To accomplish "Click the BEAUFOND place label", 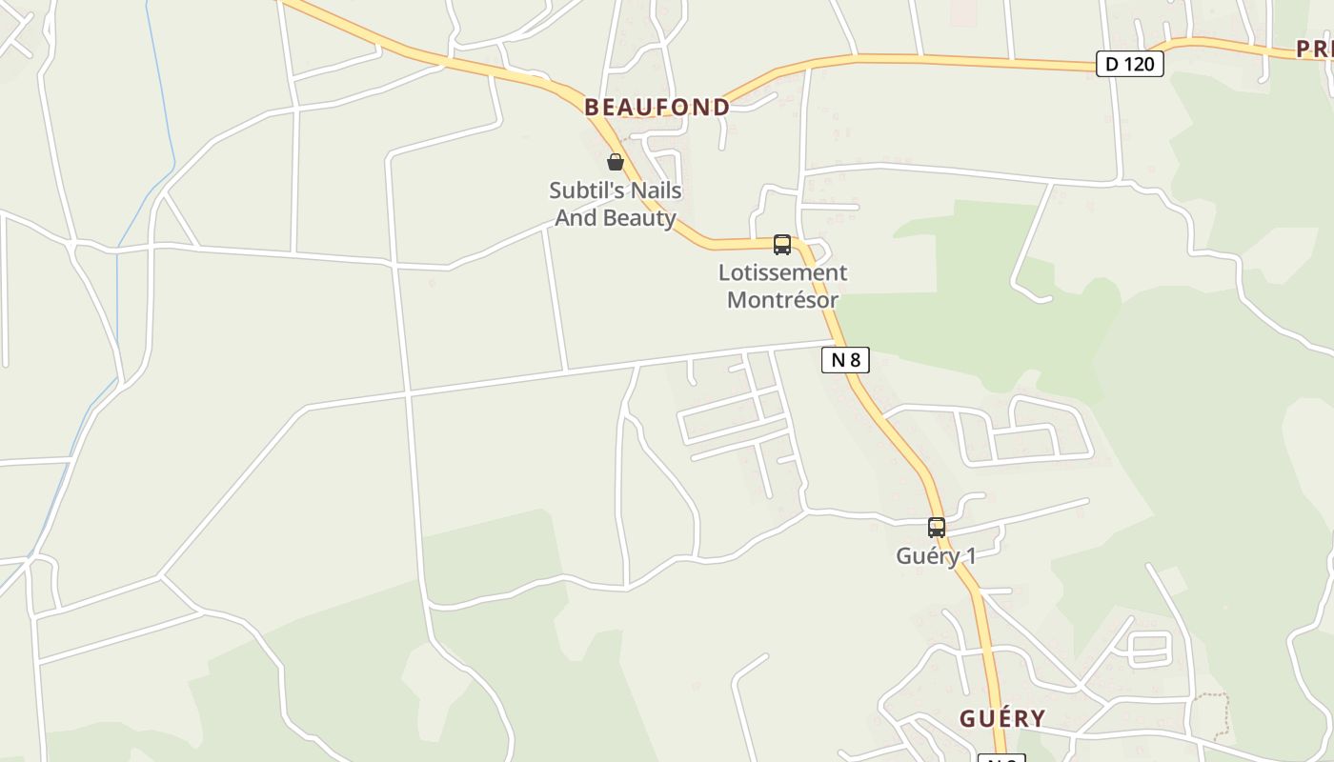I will (657, 108).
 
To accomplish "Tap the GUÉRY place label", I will (1001, 719).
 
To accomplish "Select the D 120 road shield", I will (1129, 64).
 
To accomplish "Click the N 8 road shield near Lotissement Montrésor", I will (845, 359).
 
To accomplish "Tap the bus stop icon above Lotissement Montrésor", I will (782, 245).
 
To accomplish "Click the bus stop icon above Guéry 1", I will (937, 527).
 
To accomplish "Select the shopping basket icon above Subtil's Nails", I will (616, 162).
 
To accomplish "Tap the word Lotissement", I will (782, 273).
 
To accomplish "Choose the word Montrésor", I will (782, 300).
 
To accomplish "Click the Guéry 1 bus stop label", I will (936, 555).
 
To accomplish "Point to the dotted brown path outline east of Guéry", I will (1211, 714).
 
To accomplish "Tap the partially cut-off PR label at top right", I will (1315, 50).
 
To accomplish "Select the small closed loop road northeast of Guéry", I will (1149, 649).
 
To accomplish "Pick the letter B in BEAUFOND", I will (592, 108).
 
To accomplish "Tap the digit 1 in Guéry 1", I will (969, 555).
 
